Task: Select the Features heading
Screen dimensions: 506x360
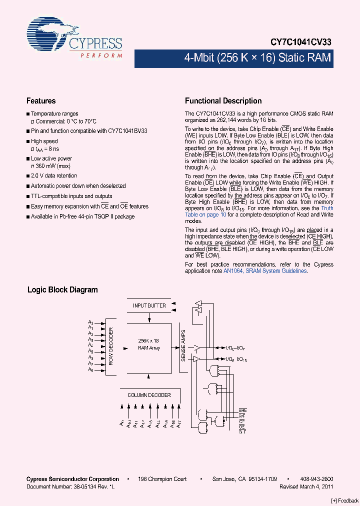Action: click(x=41, y=101)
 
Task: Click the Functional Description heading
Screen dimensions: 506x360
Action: click(x=223, y=101)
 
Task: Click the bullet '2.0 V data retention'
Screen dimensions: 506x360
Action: click(x=54, y=175)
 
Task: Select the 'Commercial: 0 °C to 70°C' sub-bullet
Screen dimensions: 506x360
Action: click(x=64, y=121)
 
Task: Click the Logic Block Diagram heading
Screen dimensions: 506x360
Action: click(x=62, y=290)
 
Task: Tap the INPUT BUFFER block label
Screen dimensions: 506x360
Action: click(x=149, y=305)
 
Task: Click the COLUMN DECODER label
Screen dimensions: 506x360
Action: click(x=149, y=395)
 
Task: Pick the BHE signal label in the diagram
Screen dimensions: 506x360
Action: click(x=242, y=409)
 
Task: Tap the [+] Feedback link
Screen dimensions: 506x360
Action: click(x=345, y=500)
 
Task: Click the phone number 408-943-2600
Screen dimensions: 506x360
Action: click(x=317, y=479)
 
